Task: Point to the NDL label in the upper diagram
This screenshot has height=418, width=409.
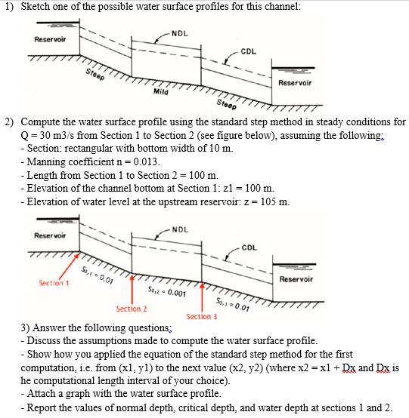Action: (179, 32)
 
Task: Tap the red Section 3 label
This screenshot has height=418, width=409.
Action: (203, 316)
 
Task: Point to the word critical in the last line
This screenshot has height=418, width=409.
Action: (189, 407)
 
